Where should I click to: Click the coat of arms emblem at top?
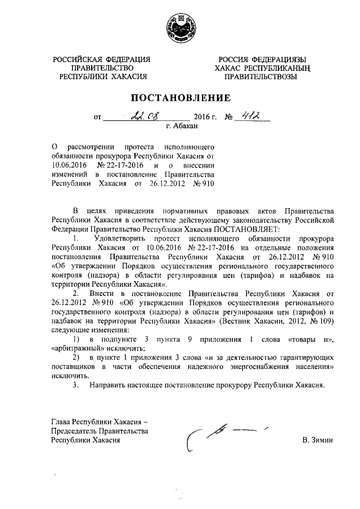click(179, 29)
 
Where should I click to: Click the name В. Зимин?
click(317, 440)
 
